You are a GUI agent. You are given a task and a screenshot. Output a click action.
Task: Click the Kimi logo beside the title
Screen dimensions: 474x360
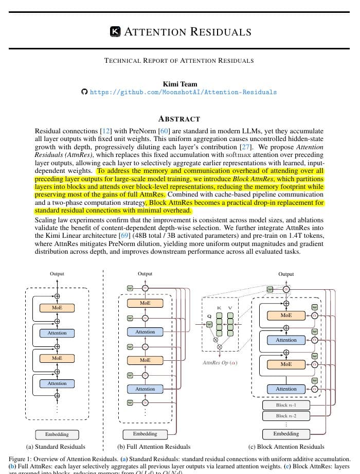(116, 32)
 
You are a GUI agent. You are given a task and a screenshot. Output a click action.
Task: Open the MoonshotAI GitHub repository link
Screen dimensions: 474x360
(183, 92)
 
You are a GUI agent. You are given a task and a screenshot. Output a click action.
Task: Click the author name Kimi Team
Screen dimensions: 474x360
(179, 84)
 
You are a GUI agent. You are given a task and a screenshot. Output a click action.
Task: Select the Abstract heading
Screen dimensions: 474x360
(179, 118)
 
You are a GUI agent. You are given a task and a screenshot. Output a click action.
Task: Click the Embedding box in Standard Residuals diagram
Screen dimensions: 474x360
(57, 434)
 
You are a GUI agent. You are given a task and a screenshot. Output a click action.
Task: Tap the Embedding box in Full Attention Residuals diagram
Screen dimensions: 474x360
(145, 434)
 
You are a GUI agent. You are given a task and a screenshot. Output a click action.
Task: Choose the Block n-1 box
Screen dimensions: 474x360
(286, 405)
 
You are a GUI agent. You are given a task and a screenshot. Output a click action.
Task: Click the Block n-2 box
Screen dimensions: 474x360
(286, 416)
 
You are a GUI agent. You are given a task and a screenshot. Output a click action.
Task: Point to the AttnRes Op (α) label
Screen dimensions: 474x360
(220, 363)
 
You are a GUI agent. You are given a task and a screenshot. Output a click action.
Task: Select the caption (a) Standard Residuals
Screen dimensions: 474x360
(56, 447)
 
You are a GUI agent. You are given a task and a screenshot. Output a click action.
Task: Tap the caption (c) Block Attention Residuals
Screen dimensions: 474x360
(286, 447)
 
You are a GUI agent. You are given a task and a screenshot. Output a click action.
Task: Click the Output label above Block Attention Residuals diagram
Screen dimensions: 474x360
(286, 274)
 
